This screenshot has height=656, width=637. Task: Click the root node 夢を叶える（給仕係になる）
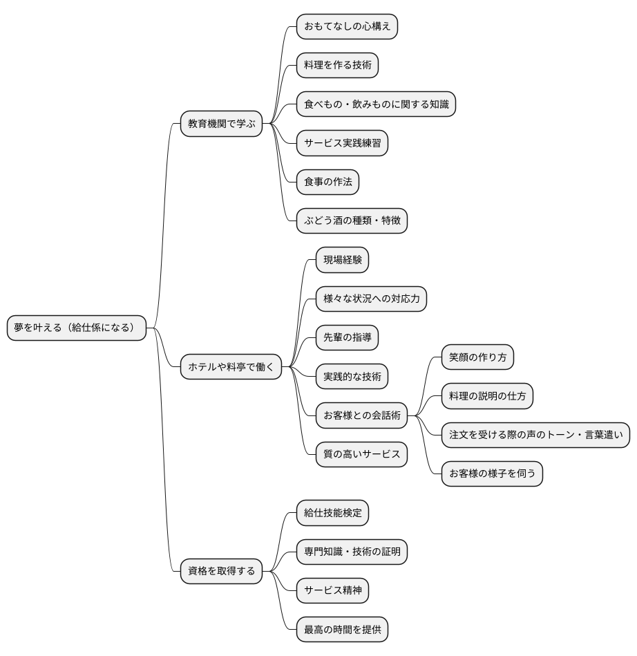[x=77, y=328]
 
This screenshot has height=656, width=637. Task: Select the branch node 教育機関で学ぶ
[x=221, y=124]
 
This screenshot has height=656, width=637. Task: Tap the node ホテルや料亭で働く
[x=231, y=367]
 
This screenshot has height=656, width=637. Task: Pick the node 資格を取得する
[x=221, y=571]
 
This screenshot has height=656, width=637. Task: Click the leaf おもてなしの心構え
[x=347, y=26]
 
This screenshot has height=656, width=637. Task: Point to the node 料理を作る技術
[x=338, y=65]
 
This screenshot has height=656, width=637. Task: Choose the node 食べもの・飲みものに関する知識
[x=376, y=104]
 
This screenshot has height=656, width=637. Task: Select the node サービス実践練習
[x=342, y=143]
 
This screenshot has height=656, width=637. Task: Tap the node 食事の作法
[x=328, y=182]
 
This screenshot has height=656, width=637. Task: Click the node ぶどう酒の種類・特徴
[x=352, y=221]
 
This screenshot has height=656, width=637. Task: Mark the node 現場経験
[x=342, y=260]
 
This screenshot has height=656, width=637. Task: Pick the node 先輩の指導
[x=347, y=337]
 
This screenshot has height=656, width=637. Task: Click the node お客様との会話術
[x=361, y=415]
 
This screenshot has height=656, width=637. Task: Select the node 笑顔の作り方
[x=477, y=357]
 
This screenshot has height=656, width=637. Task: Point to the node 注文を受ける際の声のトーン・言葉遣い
[x=535, y=435]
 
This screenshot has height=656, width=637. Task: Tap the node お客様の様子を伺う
[x=493, y=474]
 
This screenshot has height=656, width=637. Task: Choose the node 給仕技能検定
[x=332, y=513]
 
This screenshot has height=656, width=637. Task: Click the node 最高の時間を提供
[x=342, y=629]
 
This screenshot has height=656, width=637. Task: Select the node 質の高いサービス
[x=361, y=454]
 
